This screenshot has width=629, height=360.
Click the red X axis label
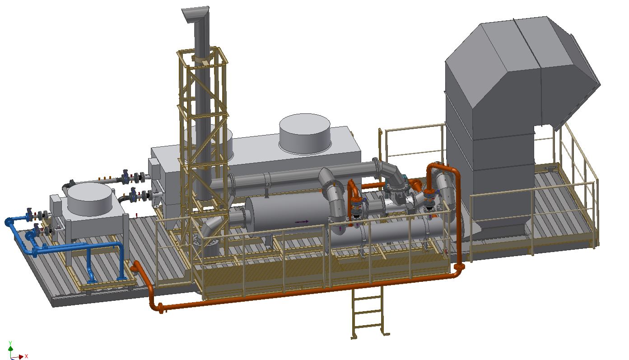point(26,356)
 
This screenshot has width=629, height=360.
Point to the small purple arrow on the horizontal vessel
point(302,222)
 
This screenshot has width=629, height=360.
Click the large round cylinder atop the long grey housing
point(305,133)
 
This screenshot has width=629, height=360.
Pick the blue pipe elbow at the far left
point(9,222)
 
